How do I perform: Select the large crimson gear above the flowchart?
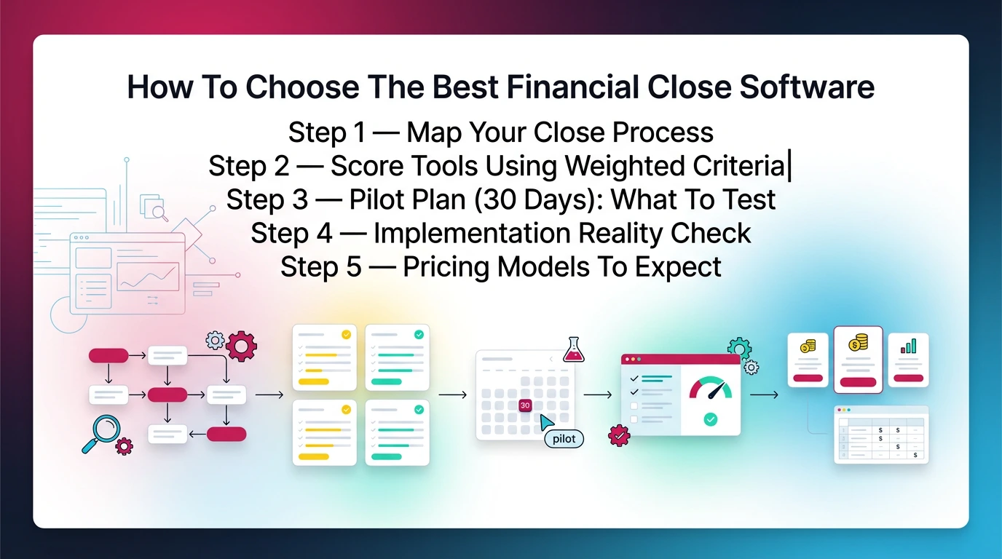coord(241,346)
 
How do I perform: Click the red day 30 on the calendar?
coord(525,405)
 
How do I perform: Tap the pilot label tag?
coord(564,439)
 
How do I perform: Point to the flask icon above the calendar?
coord(574,350)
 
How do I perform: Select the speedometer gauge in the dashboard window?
coord(710,389)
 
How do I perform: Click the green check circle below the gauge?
coord(710,419)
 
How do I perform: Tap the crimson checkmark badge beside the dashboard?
coord(619,435)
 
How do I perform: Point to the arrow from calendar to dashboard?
coord(598,395)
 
